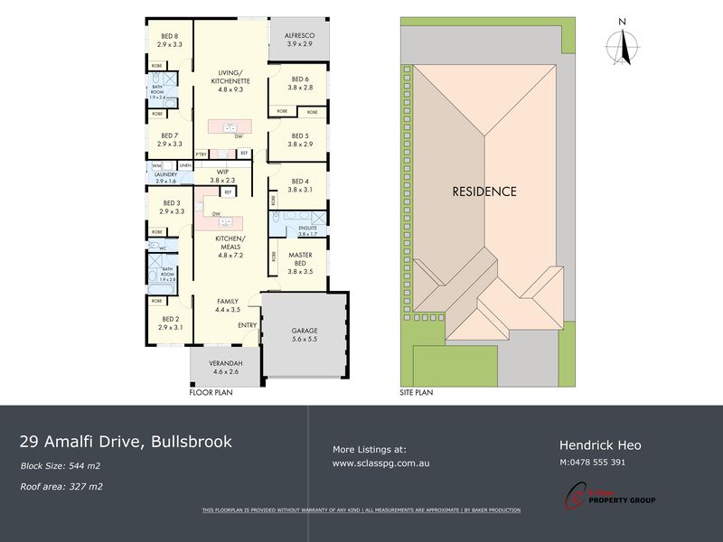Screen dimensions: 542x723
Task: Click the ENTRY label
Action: point(247,324)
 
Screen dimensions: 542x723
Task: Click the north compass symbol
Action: point(622,42)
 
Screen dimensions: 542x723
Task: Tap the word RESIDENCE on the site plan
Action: point(484,192)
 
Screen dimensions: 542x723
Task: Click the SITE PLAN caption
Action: point(418,394)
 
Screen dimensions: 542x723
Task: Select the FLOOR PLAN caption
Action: point(211,394)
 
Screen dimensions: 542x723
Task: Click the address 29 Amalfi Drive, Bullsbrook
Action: point(127,442)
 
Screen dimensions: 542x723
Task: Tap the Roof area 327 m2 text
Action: point(61,486)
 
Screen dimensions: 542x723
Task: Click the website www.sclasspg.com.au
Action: point(380,463)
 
